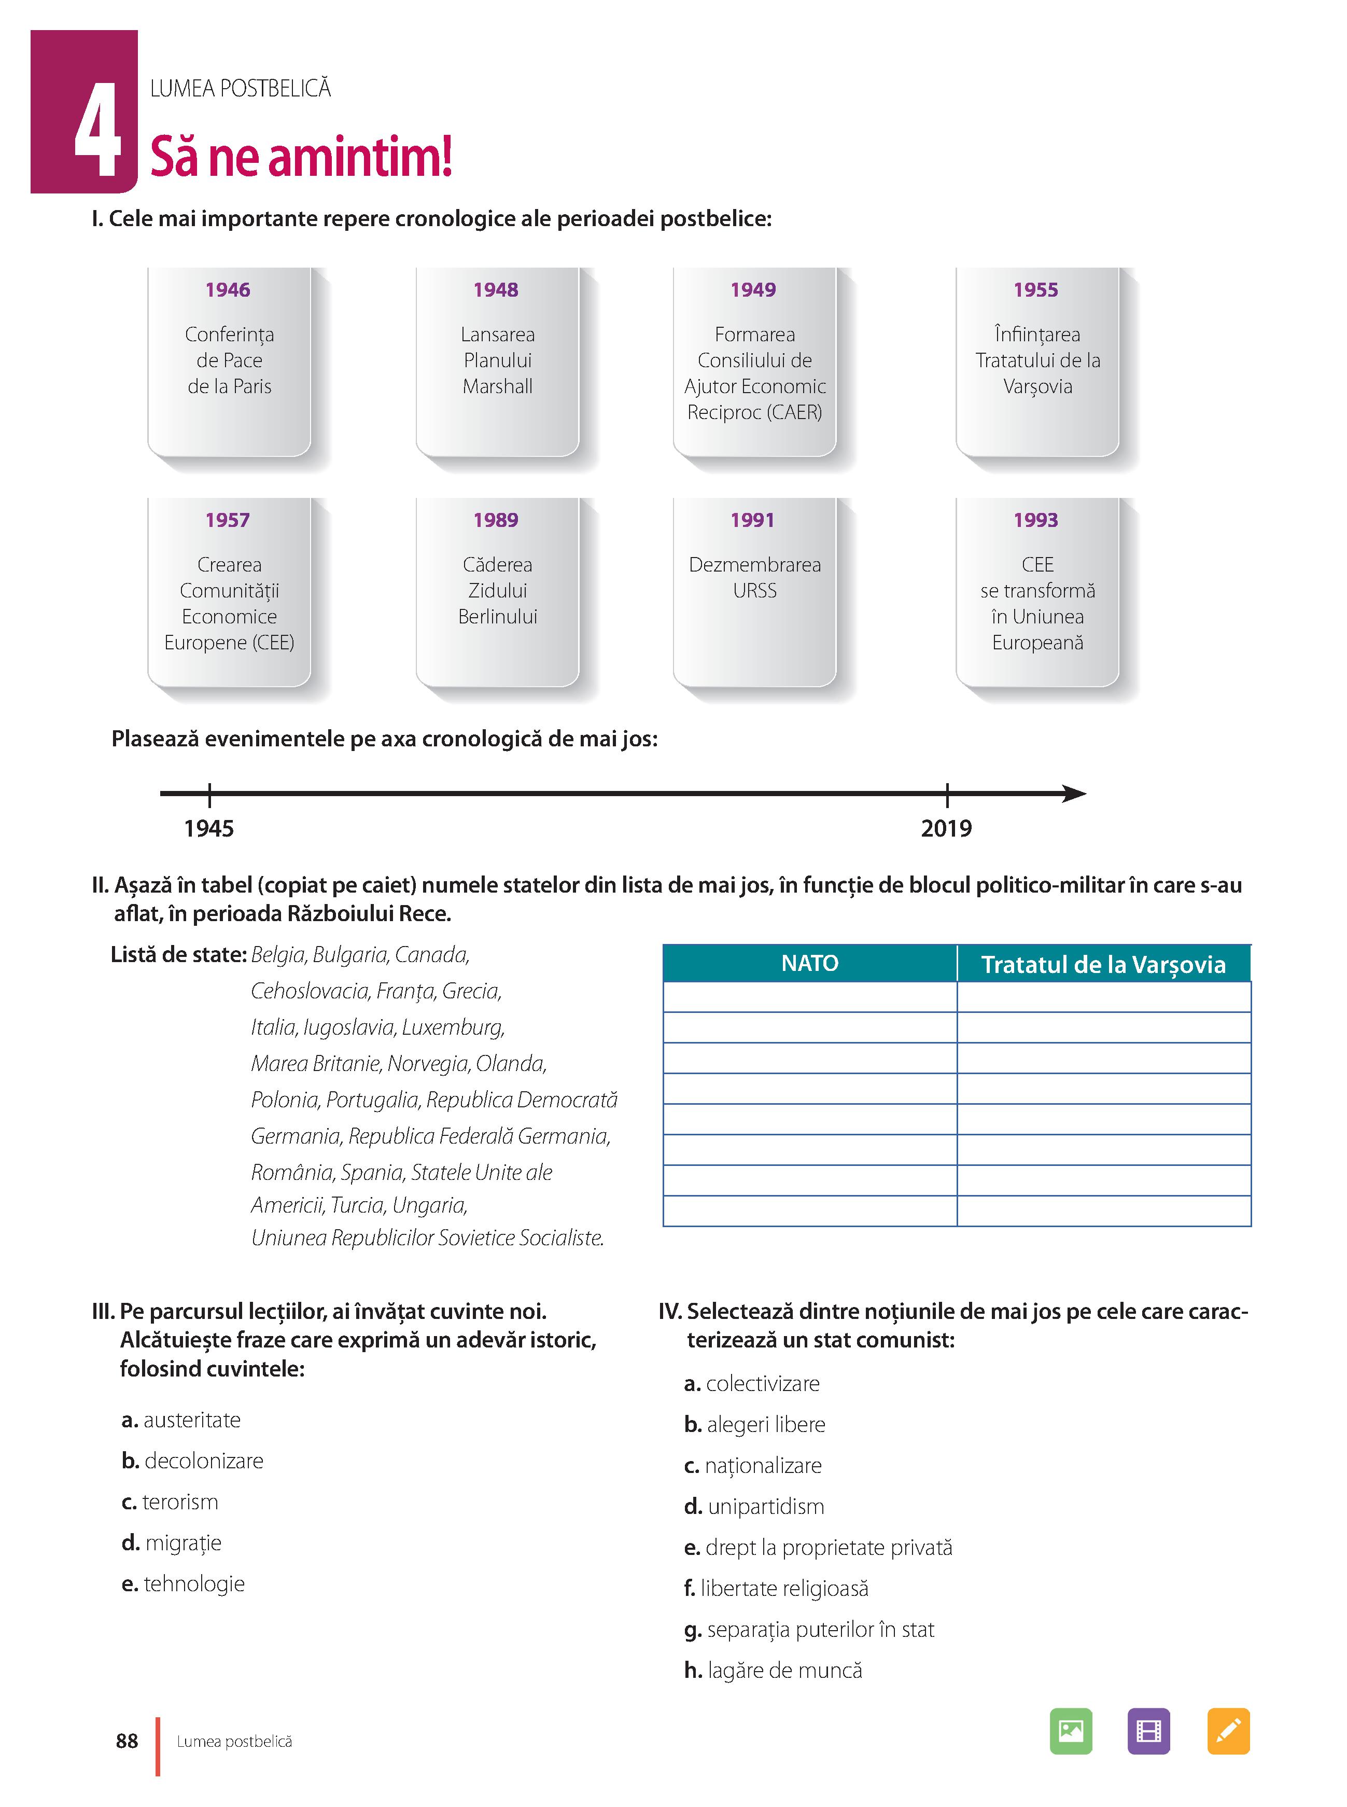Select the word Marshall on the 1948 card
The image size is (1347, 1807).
(497, 386)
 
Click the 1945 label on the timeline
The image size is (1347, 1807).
(209, 828)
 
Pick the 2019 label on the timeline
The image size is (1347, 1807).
(946, 828)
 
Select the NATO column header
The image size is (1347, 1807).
(810, 963)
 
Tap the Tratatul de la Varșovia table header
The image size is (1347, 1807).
(1103, 964)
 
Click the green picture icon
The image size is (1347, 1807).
(1071, 1730)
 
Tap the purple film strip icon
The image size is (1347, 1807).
(1148, 1730)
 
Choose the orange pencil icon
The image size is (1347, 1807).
(1228, 1730)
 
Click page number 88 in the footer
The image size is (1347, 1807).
(127, 1741)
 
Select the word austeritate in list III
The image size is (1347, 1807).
(192, 1420)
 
